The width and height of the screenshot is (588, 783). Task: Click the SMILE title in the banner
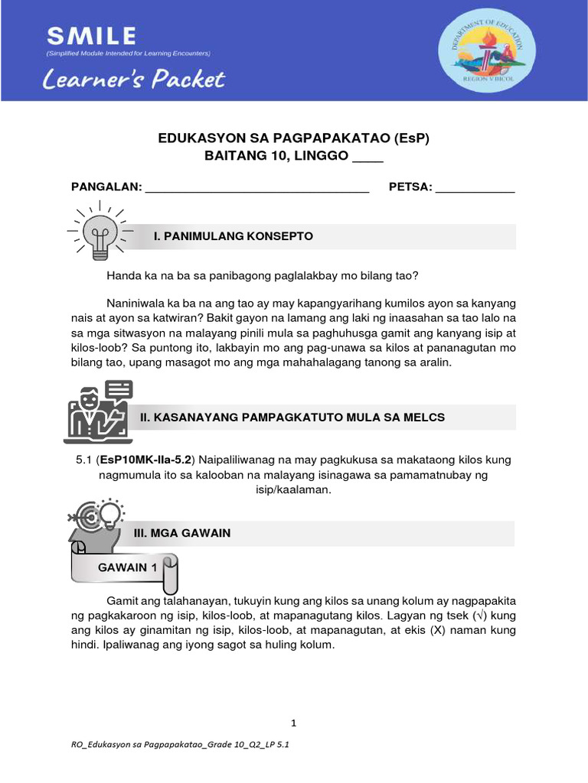click(x=91, y=36)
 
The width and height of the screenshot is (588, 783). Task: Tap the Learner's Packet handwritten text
click(x=135, y=80)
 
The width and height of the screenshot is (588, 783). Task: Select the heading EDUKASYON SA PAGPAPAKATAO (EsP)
click(x=293, y=138)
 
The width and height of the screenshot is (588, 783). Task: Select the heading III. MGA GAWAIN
click(x=181, y=533)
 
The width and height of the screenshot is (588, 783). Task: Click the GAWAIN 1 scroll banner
click(x=126, y=568)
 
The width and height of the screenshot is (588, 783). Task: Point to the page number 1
click(x=293, y=723)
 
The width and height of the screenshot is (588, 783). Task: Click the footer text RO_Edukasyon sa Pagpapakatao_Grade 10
click(x=179, y=753)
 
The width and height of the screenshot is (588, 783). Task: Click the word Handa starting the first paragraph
click(x=123, y=275)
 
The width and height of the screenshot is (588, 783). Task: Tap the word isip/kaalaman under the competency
click(x=293, y=489)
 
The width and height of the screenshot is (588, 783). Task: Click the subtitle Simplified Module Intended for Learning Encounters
click(x=128, y=54)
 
